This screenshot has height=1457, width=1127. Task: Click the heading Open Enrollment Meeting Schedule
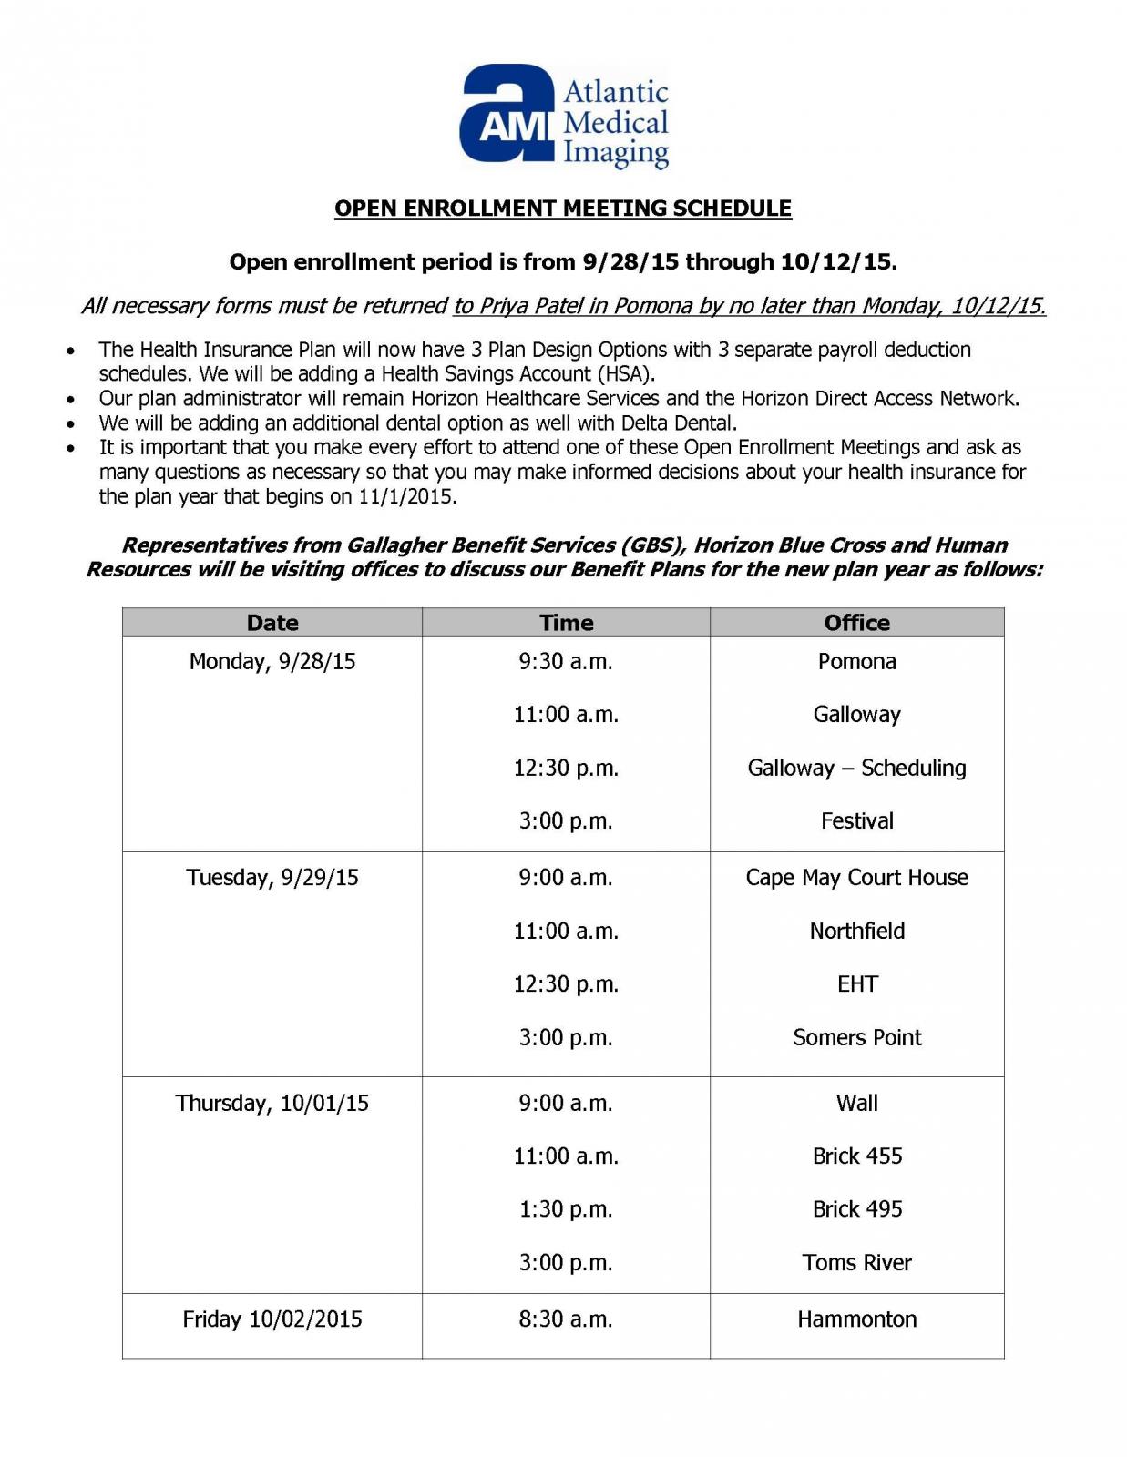point(562,209)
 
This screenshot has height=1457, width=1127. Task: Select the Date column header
point(272,623)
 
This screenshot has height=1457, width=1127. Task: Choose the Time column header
point(566,623)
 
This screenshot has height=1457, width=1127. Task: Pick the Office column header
point(856,623)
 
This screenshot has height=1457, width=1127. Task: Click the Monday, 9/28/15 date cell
point(272,662)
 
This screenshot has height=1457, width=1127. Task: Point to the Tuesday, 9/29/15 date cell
point(272,878)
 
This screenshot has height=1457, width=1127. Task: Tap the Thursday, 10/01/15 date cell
point(272,1104)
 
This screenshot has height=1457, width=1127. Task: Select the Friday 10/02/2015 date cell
point(272,1319)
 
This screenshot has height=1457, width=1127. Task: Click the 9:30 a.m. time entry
point(566,662)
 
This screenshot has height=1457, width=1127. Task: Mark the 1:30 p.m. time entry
point(566,1209)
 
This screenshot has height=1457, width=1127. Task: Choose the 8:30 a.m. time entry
point(566,1319)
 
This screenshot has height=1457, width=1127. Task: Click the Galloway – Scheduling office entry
point(856,769)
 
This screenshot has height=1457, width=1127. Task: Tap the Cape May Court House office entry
point(856,878)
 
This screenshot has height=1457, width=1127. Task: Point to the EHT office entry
point(856,984)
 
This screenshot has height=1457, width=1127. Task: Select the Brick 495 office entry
point(856,1209)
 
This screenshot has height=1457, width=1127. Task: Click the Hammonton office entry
point(856,1319)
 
